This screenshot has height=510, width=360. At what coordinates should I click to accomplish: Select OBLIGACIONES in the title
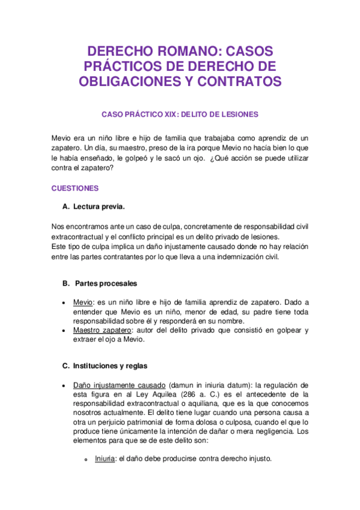[136, 81]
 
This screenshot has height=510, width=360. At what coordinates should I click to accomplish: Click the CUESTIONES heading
[75, 188]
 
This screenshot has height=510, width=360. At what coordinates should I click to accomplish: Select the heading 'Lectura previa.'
[99, 207]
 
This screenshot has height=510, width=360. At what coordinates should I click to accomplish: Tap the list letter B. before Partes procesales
[66, 283]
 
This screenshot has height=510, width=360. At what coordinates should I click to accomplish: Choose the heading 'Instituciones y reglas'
[111, 366]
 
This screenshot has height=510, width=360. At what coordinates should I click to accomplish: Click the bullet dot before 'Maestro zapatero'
[64, 331]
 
